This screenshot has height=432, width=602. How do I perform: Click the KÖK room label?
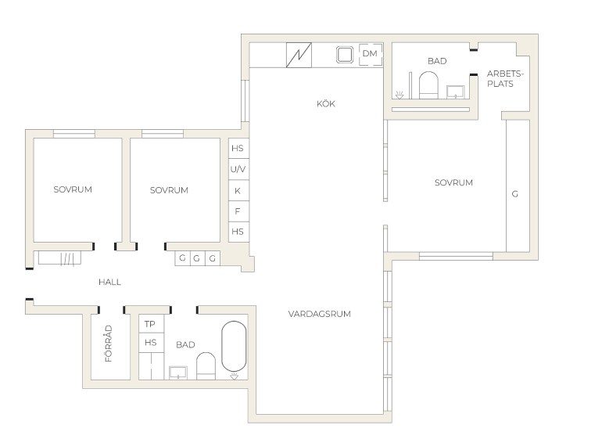coord(325,103)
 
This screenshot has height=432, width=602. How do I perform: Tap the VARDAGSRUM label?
coord(320,314)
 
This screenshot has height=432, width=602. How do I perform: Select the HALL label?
coord(109,282)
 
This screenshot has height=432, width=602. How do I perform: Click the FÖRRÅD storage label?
coord(109,344)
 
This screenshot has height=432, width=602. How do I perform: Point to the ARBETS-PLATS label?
coord(504,79)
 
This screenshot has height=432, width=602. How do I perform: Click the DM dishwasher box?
coord(370,54)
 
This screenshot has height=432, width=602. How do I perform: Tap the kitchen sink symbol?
coord(345,55)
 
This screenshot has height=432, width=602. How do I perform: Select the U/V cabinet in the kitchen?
coord(238,169)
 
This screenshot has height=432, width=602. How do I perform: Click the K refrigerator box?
coord(238,190)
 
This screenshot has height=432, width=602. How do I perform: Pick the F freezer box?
coord(238,211)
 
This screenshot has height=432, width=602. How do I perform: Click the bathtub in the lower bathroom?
coord(234,347)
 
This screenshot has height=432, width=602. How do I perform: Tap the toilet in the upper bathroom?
coord(428,85)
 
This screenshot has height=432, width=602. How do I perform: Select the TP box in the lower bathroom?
coord(151,324)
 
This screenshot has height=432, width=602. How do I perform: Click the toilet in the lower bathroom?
coord(206,366)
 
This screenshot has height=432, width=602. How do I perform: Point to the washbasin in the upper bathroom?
coord(456,92)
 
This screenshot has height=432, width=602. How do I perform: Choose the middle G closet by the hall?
coord(197,258)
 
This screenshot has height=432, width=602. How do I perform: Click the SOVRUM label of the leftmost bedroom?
coord(73,189)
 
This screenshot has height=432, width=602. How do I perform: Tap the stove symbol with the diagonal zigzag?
coord(299,55)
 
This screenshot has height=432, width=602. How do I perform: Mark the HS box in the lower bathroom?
coord(151,343)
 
